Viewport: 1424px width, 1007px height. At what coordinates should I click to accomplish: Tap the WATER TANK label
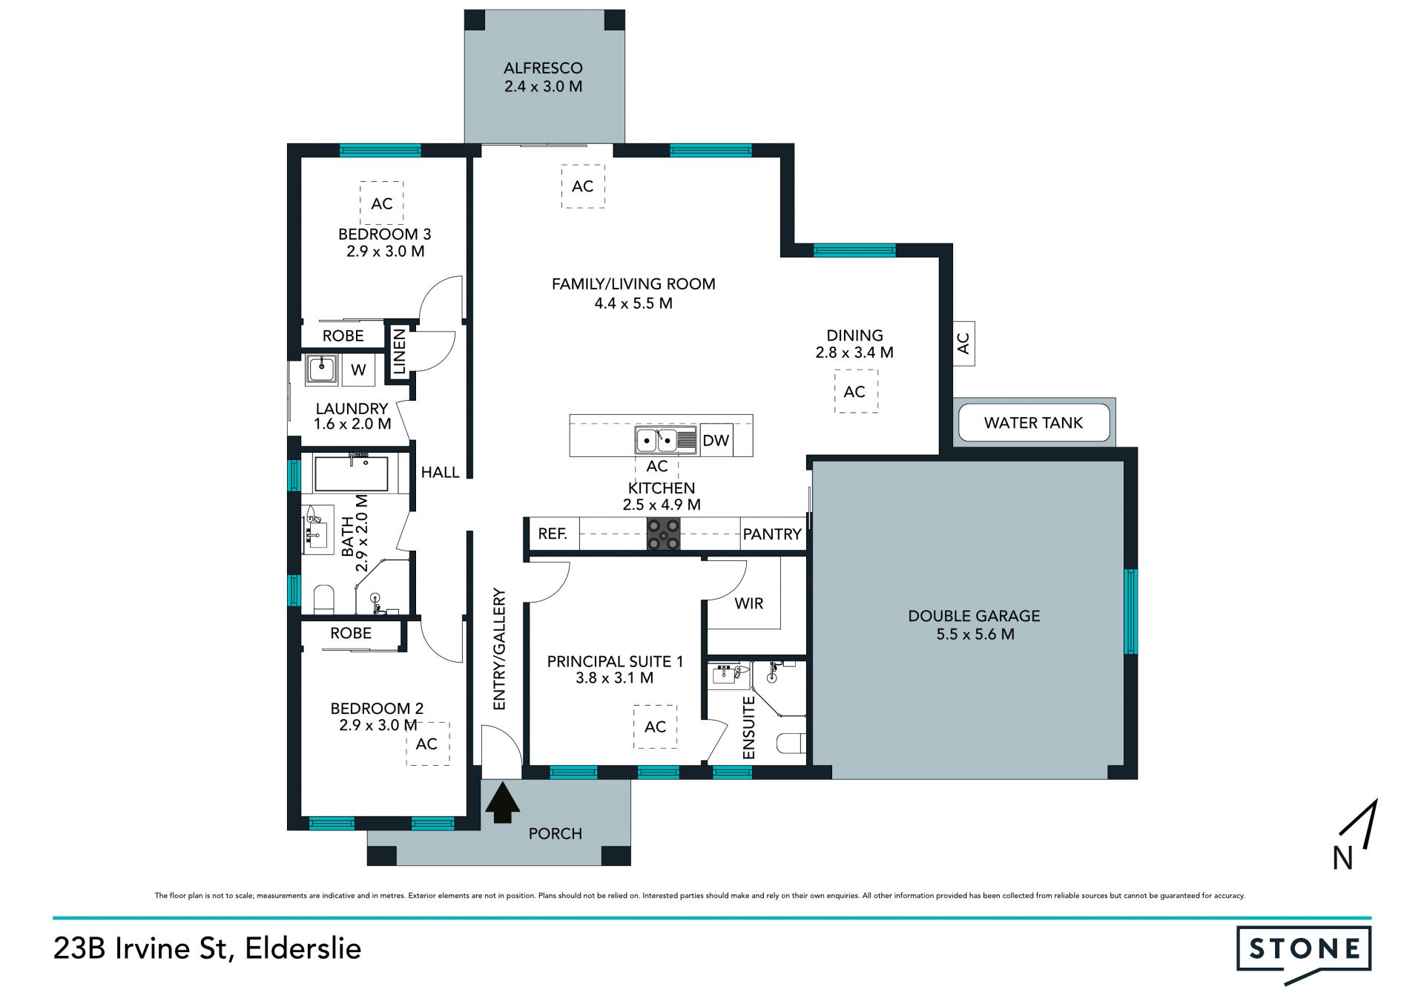(1033, 423)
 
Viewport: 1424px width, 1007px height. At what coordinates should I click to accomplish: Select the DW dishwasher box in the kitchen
(716, 441)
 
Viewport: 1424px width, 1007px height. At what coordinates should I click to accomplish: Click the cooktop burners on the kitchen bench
(663, 534)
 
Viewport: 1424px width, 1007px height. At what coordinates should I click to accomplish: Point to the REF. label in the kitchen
(553, 534)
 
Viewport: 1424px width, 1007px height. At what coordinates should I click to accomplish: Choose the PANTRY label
(772, 534)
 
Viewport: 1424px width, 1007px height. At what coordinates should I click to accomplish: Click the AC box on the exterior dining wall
(963, 344)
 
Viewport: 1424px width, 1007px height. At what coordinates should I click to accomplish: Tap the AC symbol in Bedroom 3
(382, 203)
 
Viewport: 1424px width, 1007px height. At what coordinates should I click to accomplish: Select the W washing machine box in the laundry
(358, 370)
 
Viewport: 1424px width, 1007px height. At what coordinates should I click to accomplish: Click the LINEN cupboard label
(399, 352)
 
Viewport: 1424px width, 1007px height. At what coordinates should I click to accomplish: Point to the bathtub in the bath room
(351, 473)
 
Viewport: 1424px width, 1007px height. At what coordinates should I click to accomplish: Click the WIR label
(748, 603)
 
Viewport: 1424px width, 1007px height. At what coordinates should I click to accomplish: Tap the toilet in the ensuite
(791, 744)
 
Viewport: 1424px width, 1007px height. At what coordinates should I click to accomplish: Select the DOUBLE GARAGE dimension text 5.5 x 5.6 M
(975, 634)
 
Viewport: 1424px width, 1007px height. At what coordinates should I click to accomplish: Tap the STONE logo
(1303, 954)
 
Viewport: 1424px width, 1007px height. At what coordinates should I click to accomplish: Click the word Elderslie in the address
(303, 948)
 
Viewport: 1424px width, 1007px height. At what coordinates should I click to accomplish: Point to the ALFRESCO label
(543, 68)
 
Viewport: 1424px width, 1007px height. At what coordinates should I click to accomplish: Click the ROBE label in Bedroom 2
(351, 633)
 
